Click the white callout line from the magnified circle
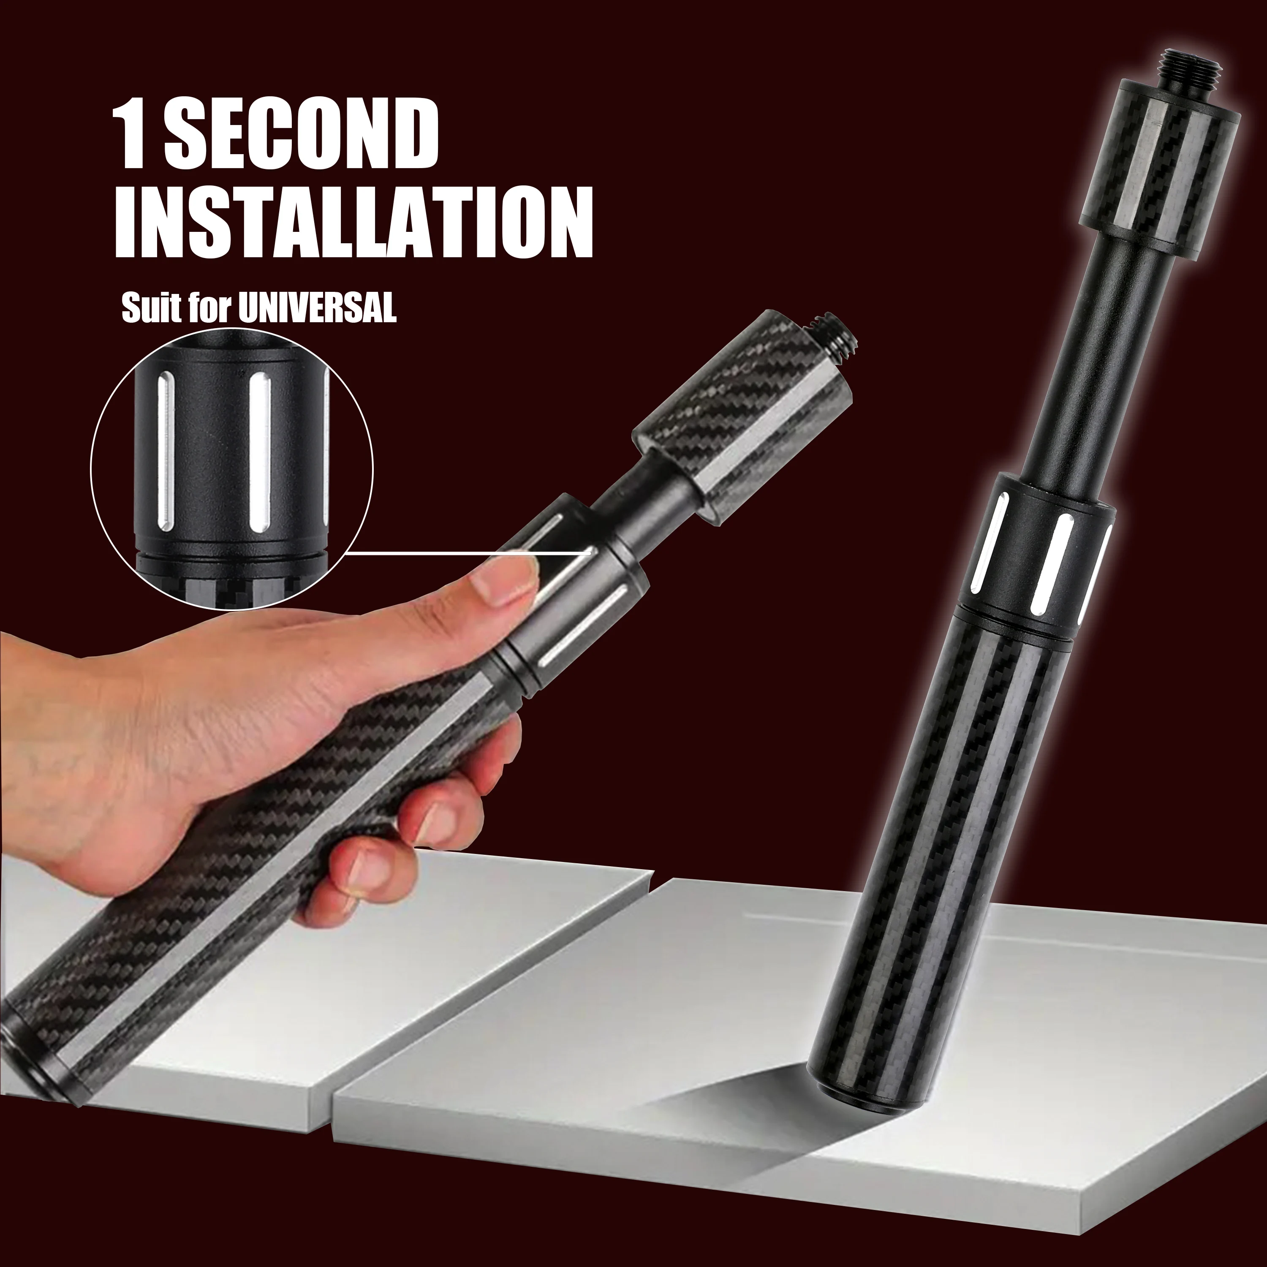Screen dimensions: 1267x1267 (x=459, y=552)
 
